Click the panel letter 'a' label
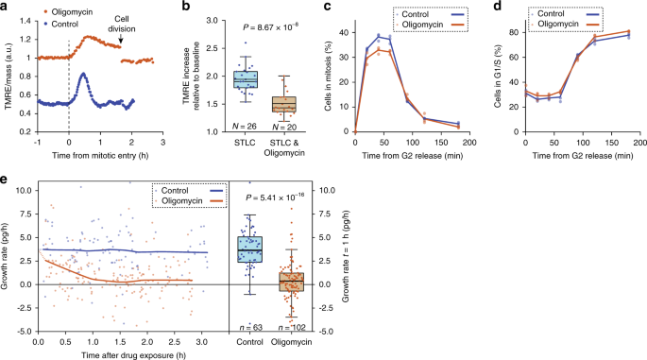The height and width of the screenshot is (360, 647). click(x=7, y=8)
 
